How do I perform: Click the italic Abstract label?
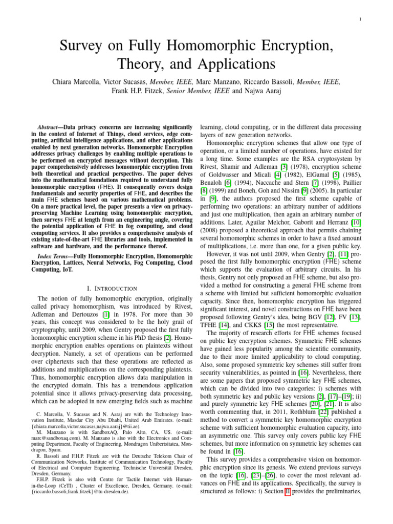[x=50, y=126]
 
